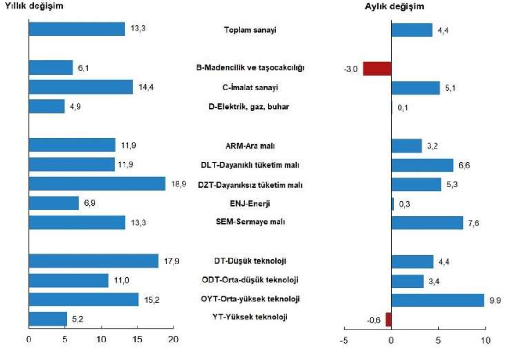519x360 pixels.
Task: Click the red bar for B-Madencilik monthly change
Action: pyautogui.click(x=377, y=68)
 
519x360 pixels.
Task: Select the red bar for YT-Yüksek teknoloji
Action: pyautogui.click(x=388, y=319)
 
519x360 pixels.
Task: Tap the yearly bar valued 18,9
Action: pyautogui.click(x=97, y=184)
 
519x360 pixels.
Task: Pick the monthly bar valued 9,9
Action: pyautogui.click(x=437, y=300)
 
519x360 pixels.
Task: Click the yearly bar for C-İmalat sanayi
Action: pyautogui.click(x=81, y=87)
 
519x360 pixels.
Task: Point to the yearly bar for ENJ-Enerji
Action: pyautogui.click(x=54, y=203)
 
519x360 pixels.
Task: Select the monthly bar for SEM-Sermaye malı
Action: pyautogui.click(x=427, y=223)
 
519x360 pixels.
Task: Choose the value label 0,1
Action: pyautogui.click(x=402, y=108)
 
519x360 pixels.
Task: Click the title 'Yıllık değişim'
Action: pyautogui.click(x=34, y=6)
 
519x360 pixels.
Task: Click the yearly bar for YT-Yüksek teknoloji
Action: pyautogui.click(x=48, y=318)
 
